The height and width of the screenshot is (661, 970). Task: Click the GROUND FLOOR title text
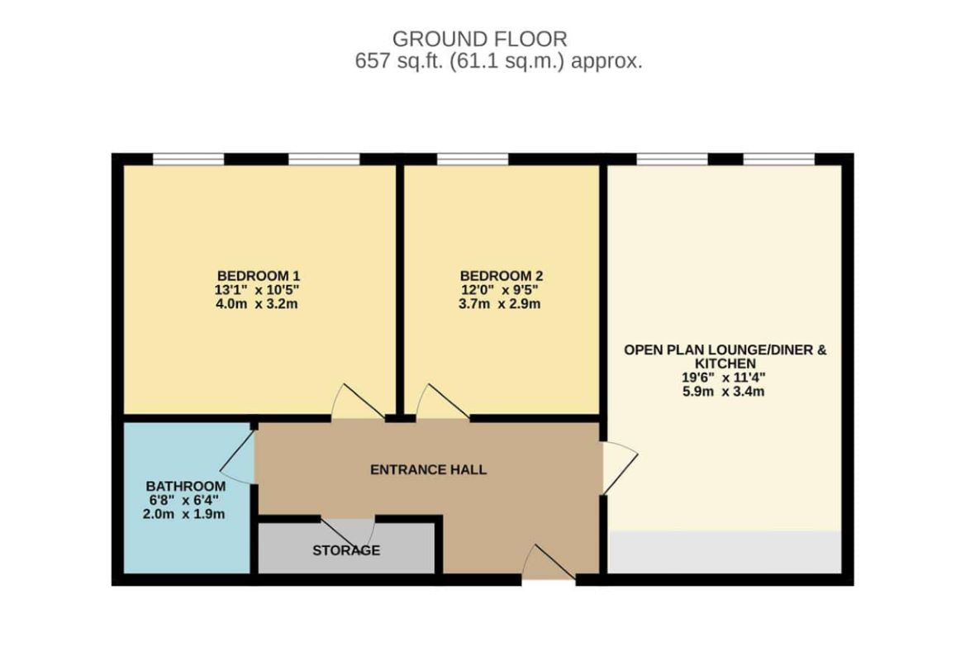(x=479, y=39)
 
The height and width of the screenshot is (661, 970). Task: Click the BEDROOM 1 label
(x=259, y=276)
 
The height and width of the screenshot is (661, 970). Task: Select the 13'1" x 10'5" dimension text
(x=257, y=290)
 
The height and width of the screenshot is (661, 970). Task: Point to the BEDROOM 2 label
(x=502, y=276)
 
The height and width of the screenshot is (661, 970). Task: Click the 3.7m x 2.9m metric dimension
(x=499, y=304)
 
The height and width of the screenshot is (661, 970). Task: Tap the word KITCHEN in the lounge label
(x=725, y=364)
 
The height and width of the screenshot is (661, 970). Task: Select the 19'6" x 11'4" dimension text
(x=724, y=378)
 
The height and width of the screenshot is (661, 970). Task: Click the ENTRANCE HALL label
(x=428, y=470)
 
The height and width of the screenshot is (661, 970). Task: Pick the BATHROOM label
(x=186, y=487)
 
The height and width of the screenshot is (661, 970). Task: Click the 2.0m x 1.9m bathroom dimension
(x=183, y=514)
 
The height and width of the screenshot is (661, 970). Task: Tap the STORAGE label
(x=346, y=550)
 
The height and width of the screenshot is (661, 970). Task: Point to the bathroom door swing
(x=237, y=457)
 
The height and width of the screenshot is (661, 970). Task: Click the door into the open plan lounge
(x=620, y=468)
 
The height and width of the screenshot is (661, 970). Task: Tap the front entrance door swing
(x=549, y=562)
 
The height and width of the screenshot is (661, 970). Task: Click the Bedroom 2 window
(x=473, y=159)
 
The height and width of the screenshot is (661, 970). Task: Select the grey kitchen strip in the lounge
(x=725, y=552)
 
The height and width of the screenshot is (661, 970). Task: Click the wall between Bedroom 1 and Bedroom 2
(x=400, y=290)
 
